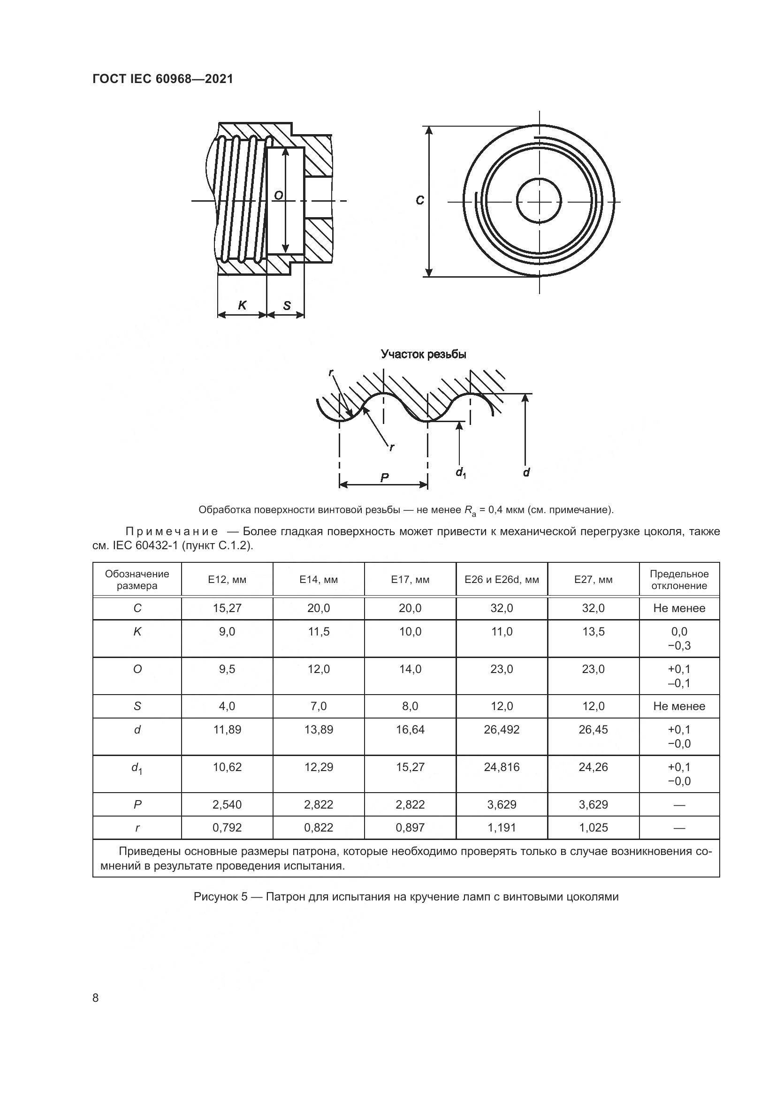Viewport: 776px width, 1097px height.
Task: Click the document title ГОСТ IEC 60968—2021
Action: pos(162,79)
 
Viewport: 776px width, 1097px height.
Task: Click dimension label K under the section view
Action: pos(242,305)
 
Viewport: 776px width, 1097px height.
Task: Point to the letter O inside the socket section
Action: pos(279,195)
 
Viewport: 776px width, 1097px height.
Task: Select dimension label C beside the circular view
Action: pos(419,200)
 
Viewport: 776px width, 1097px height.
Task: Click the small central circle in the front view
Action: pos(540,201)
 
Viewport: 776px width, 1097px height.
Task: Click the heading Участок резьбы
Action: pos(423,354)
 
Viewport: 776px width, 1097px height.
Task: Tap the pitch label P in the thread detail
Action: pos(384,477)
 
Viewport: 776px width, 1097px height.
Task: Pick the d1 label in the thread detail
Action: pos(461,473)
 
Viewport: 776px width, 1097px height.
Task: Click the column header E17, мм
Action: pos(410,580)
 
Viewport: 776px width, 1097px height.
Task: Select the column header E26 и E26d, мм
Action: pos(502,580)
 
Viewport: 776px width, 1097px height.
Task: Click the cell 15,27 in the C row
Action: pos(227,608)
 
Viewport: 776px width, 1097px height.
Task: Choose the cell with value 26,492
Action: pos(502,730)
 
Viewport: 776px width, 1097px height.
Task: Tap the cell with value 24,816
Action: pos(502,767)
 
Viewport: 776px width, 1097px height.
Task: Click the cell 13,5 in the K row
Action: pos(593,632)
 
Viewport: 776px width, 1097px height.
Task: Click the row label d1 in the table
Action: pos(137,768)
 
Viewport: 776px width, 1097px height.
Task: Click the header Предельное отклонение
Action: pos(679,580)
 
